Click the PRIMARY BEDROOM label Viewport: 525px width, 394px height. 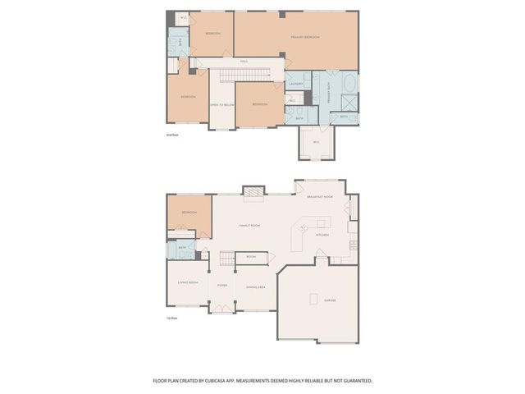pyautogui.click(x=304, y=38)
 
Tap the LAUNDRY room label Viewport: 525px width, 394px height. pyautogui.click(x=295, y=84)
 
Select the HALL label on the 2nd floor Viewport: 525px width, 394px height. pyautogui.click(x=244, y=61)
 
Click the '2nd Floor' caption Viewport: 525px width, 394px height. pyautogui.click(x=172, y=134)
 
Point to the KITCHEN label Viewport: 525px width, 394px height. pyautogui.click(x=322, y=235)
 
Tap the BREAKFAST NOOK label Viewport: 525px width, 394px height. pyautogui.click(x=319, y=197)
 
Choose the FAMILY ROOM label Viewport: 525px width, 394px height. pyautogui.click(x=249, y=225)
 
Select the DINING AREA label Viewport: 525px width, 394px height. pyautogui.click(x=255, y=286)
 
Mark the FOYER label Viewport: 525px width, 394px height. pyautogui.click(x=221, y=286)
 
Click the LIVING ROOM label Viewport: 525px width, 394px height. pyautogui.click(x=188, y=282)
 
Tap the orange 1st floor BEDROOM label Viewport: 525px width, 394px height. pyautogui.click(x=189, y=212)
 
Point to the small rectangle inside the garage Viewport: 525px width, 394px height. pyautogui.click(x=314, y=299)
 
